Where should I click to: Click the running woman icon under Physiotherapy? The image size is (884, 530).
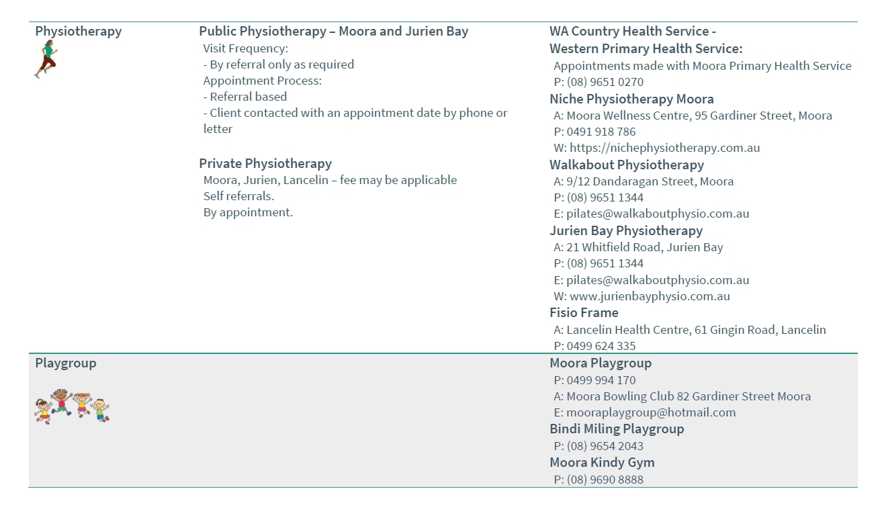[x=46, y=59]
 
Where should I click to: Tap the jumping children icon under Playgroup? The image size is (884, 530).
[x=72, y=406]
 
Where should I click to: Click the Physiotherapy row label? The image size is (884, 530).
[x=78, y=32]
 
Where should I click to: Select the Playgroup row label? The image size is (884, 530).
[x=65, y=363]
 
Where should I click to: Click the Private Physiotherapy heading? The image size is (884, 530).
[x=265, y=164]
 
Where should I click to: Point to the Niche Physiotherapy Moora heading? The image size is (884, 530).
[x=631, y=99]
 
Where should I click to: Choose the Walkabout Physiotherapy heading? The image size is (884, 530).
[x=626, y=165]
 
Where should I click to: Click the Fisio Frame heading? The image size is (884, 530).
[x=583, y=313]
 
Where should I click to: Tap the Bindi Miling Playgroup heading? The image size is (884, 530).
[x=616, y=429]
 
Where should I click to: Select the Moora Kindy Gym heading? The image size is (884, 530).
[x=601, y=463]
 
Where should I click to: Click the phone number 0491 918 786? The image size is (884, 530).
[x=601, y=132]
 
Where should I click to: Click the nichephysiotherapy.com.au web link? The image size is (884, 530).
[x=664, y=148]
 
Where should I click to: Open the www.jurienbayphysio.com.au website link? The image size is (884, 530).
[x=649, y=296]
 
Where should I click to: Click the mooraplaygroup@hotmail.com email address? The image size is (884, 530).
[x=650, y=412]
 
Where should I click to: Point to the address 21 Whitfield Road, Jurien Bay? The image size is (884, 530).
[x=644, y=247]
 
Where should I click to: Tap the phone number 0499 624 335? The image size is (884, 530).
[x=601, y=346]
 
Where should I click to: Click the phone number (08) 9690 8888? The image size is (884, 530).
[x=605, y=480]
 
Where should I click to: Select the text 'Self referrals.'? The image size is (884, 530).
[x=238, y=196]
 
